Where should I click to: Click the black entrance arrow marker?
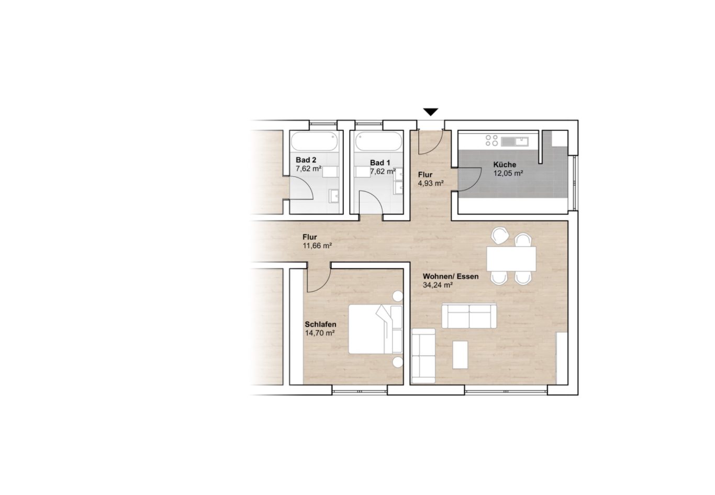431,112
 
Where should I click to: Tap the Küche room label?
505,165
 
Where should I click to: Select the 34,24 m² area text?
438,285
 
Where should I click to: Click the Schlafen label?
320,324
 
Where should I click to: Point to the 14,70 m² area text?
320,333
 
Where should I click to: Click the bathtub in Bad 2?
315,142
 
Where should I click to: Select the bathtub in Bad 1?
378,142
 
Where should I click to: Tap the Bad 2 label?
306,160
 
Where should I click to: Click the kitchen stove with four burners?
491,140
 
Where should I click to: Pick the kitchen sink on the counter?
515,141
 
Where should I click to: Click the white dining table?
511,259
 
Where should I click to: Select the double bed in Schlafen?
375,329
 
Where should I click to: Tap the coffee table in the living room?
460,355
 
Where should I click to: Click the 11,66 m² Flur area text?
317,246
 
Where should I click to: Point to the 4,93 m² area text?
431,183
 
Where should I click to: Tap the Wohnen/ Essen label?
451,277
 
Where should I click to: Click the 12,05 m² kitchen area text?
508,173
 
